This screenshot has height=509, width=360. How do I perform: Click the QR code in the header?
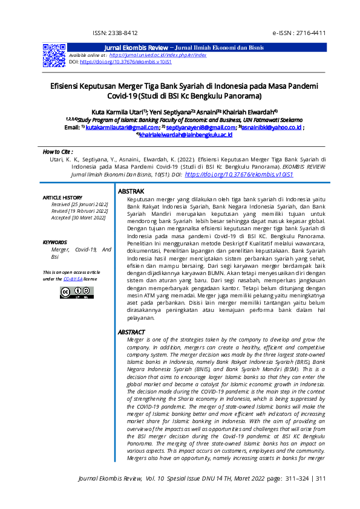(x=54, y=55)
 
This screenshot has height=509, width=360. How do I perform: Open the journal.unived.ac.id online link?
(x=158, y=55)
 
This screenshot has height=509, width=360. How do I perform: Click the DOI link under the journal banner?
(x=126, y=62)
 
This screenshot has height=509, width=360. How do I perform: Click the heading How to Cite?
(x=58, y=151)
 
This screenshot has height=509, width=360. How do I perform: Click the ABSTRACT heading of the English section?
(x=131, y=332)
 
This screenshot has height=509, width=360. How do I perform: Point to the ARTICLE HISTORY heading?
(x=62, y=198)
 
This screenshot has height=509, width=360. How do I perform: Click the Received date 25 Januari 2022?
(x=79, y=204)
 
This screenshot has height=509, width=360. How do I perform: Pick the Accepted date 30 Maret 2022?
(x=78, y=218)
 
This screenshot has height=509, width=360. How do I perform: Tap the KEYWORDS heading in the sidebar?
(x=55, y=242)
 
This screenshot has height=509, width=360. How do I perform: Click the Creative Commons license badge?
(x=77, y=293)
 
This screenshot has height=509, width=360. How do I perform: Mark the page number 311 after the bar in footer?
(x=321, y=479)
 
